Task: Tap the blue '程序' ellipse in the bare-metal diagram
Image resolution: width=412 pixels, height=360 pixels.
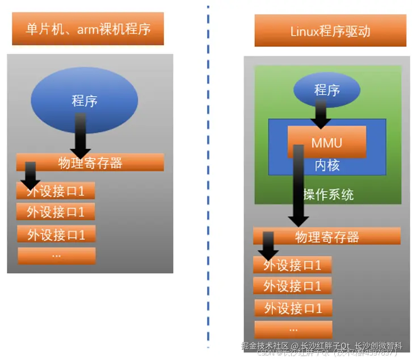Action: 84,101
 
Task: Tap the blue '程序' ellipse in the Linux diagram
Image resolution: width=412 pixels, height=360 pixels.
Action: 327,90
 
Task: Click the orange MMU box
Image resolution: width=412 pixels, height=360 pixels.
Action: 327,142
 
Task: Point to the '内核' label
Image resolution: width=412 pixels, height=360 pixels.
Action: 327,165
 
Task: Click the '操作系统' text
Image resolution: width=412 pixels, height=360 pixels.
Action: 329,194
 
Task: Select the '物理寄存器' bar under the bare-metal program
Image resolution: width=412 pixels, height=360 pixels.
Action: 90,163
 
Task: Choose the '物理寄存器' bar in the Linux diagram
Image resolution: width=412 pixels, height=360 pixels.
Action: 327,237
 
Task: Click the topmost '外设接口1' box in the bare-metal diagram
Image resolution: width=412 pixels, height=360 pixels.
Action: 56,191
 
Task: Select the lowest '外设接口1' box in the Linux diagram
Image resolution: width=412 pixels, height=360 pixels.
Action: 293,308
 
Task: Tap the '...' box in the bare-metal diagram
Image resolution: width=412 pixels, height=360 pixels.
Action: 56,256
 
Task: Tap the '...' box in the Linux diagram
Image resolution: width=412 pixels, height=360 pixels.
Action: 293,329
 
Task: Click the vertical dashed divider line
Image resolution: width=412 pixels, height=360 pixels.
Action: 208,170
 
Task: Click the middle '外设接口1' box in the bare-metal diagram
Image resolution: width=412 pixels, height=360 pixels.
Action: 56,212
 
